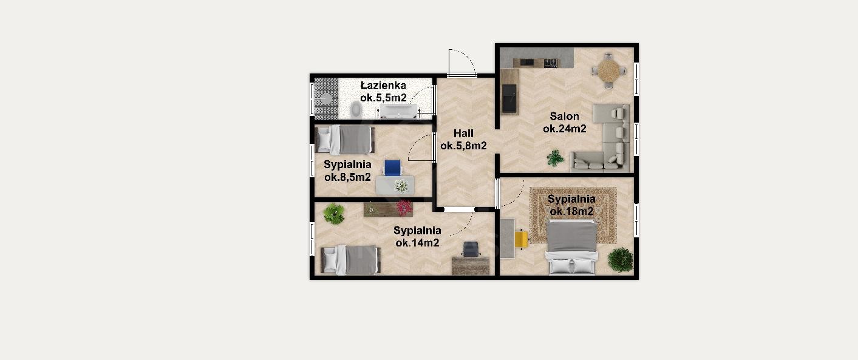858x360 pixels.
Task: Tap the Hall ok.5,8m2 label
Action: tap(463, 140)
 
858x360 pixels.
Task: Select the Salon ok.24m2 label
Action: tap(565, 122)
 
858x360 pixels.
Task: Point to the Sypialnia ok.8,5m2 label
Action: tap(347, 171)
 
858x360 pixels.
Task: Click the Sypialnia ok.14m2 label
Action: tap(417, 237)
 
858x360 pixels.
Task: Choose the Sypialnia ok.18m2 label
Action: tap(571, 205)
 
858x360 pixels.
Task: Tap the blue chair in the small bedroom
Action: tap(393, 168)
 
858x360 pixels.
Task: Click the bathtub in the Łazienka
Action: tap(398, 112)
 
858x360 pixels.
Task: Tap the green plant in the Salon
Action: tap(555, 158)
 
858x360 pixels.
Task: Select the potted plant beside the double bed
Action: tap(620, 260)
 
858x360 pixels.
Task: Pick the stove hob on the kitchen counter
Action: tap(551, 63)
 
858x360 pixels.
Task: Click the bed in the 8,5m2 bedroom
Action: tap(345, 140)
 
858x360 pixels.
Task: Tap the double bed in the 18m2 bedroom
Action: tap(572, 248)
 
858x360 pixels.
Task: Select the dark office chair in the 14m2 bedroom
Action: tap(471, 249)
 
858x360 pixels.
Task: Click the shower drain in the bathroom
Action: tap(326, 99)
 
